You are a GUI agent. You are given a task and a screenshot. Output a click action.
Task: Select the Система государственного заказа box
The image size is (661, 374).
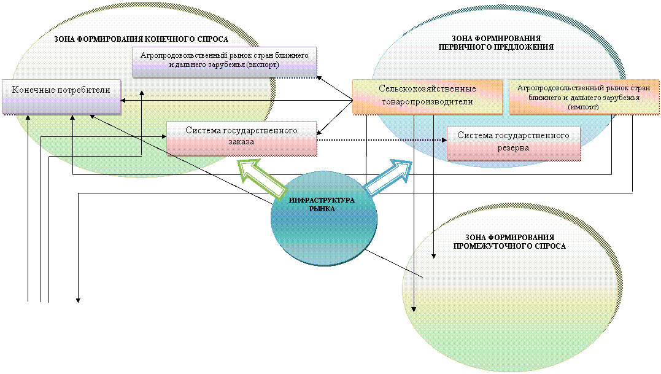pyautogui.click(x=241, y=137)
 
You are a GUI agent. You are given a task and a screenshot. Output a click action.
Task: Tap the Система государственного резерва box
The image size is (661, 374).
pyautogui.click(x=513, y=142)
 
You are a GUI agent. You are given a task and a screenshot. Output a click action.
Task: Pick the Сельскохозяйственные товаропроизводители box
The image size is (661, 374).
pyautogui.click(x=427, y=96)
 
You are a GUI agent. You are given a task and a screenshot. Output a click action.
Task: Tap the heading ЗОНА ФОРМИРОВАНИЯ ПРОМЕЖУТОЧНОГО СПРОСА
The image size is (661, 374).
pyautogui.click(x=509, y=241)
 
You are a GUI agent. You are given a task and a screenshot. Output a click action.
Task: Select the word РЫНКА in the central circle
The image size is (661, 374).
pyautogui.click(x=322, y=209)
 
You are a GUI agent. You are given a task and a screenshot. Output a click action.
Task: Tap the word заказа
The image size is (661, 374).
pyautogui.click(x=241, y=142)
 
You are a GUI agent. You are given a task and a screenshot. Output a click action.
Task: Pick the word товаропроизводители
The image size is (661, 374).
pyautogui.click(x=427, y=101)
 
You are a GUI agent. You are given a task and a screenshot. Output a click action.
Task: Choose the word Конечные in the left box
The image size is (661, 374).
pyautogui.click(x=34, y=90)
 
